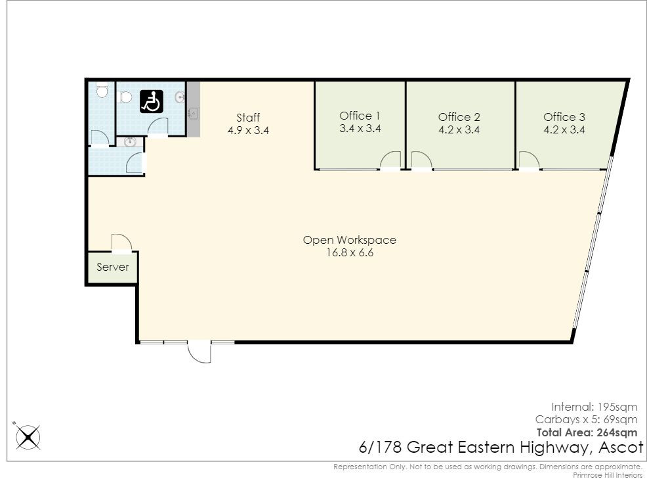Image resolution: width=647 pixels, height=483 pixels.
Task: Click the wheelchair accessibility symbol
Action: pyautogui.click(x=152, y=102)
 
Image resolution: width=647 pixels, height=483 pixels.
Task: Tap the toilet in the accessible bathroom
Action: pyautogui.click(x=127, y=97)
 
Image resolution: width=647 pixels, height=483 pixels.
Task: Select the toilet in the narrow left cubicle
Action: pyautogui.click(x=101, y=90)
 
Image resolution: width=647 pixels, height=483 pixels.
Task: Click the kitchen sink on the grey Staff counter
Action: pyautogui.click(x=192, y=112)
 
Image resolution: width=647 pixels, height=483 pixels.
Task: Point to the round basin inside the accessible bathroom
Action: pyautogui.click(x=180, y=98)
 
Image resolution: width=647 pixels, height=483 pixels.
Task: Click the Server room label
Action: pyautogui.click(x=113, y=267)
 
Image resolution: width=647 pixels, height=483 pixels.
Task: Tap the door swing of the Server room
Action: pyautogui.click(x=120, y=242)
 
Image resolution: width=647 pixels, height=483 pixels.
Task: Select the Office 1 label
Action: pyautogui.click(x=360, y=116)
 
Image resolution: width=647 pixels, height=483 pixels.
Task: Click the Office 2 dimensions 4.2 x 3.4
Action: pyautogui.click(x=459, y=130)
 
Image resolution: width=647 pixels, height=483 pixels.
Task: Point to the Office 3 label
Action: pyautogui.click(x=564, y=117)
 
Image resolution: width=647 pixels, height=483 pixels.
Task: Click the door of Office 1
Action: pyautogui.click(x=391, y=160)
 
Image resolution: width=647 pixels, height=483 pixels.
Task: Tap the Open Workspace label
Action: pyautogui.click(x=349, y=240)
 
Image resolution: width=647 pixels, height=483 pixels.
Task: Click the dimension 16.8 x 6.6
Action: pyautogui.click(x=349, y=253)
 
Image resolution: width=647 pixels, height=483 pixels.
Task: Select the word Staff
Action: pyautogui.click(x=248, y=118)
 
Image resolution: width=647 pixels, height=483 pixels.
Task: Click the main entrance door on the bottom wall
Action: pyautogui.click(x=200, y=352)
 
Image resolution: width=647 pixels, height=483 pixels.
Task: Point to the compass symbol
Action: pyautogui.click(x=28, y=436)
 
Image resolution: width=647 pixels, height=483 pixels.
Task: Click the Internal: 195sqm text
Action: pyautogui.click(x=594, y=406)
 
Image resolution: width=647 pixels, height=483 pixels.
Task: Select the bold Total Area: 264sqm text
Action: pyautogui.click(x=587, y=432)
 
